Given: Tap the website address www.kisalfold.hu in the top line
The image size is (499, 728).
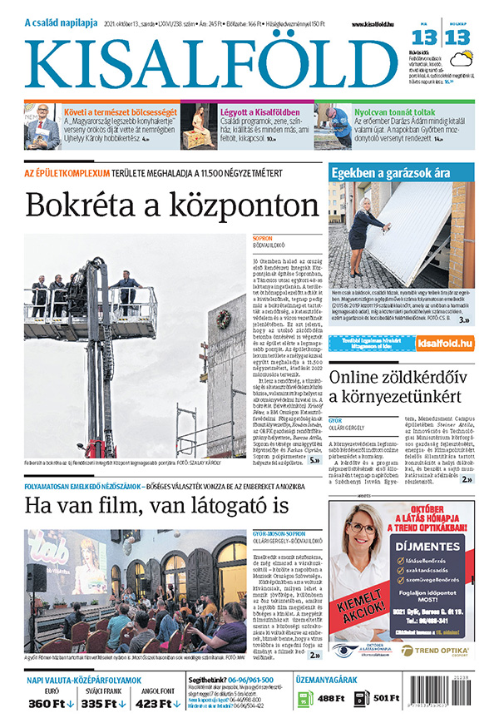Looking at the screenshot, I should click(375, 25).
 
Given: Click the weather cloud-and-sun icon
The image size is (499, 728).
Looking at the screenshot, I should click(462, 59).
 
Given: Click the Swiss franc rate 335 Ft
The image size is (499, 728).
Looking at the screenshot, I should click(103, 704).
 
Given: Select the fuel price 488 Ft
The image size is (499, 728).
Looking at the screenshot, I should click(331, 698).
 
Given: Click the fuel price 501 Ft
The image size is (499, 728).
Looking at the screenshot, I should click(388, 698).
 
